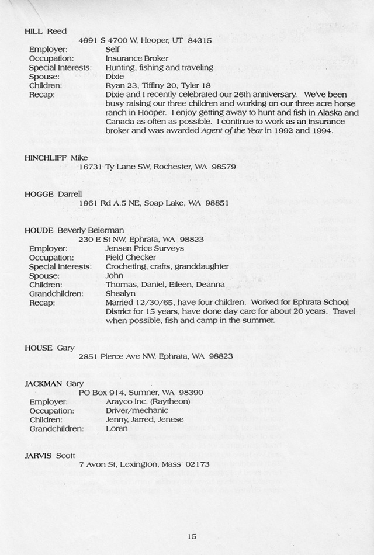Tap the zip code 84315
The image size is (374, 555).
(200, 41)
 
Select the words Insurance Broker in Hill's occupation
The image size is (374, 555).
(137, 58)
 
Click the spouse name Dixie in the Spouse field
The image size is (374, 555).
(115, 77)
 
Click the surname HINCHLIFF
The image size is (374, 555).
(46, 158)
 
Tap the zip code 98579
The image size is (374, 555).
(223, 167)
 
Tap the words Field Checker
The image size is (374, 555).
(130, 257)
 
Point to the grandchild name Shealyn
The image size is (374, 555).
(120, 293)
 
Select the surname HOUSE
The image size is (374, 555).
(39, 347)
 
